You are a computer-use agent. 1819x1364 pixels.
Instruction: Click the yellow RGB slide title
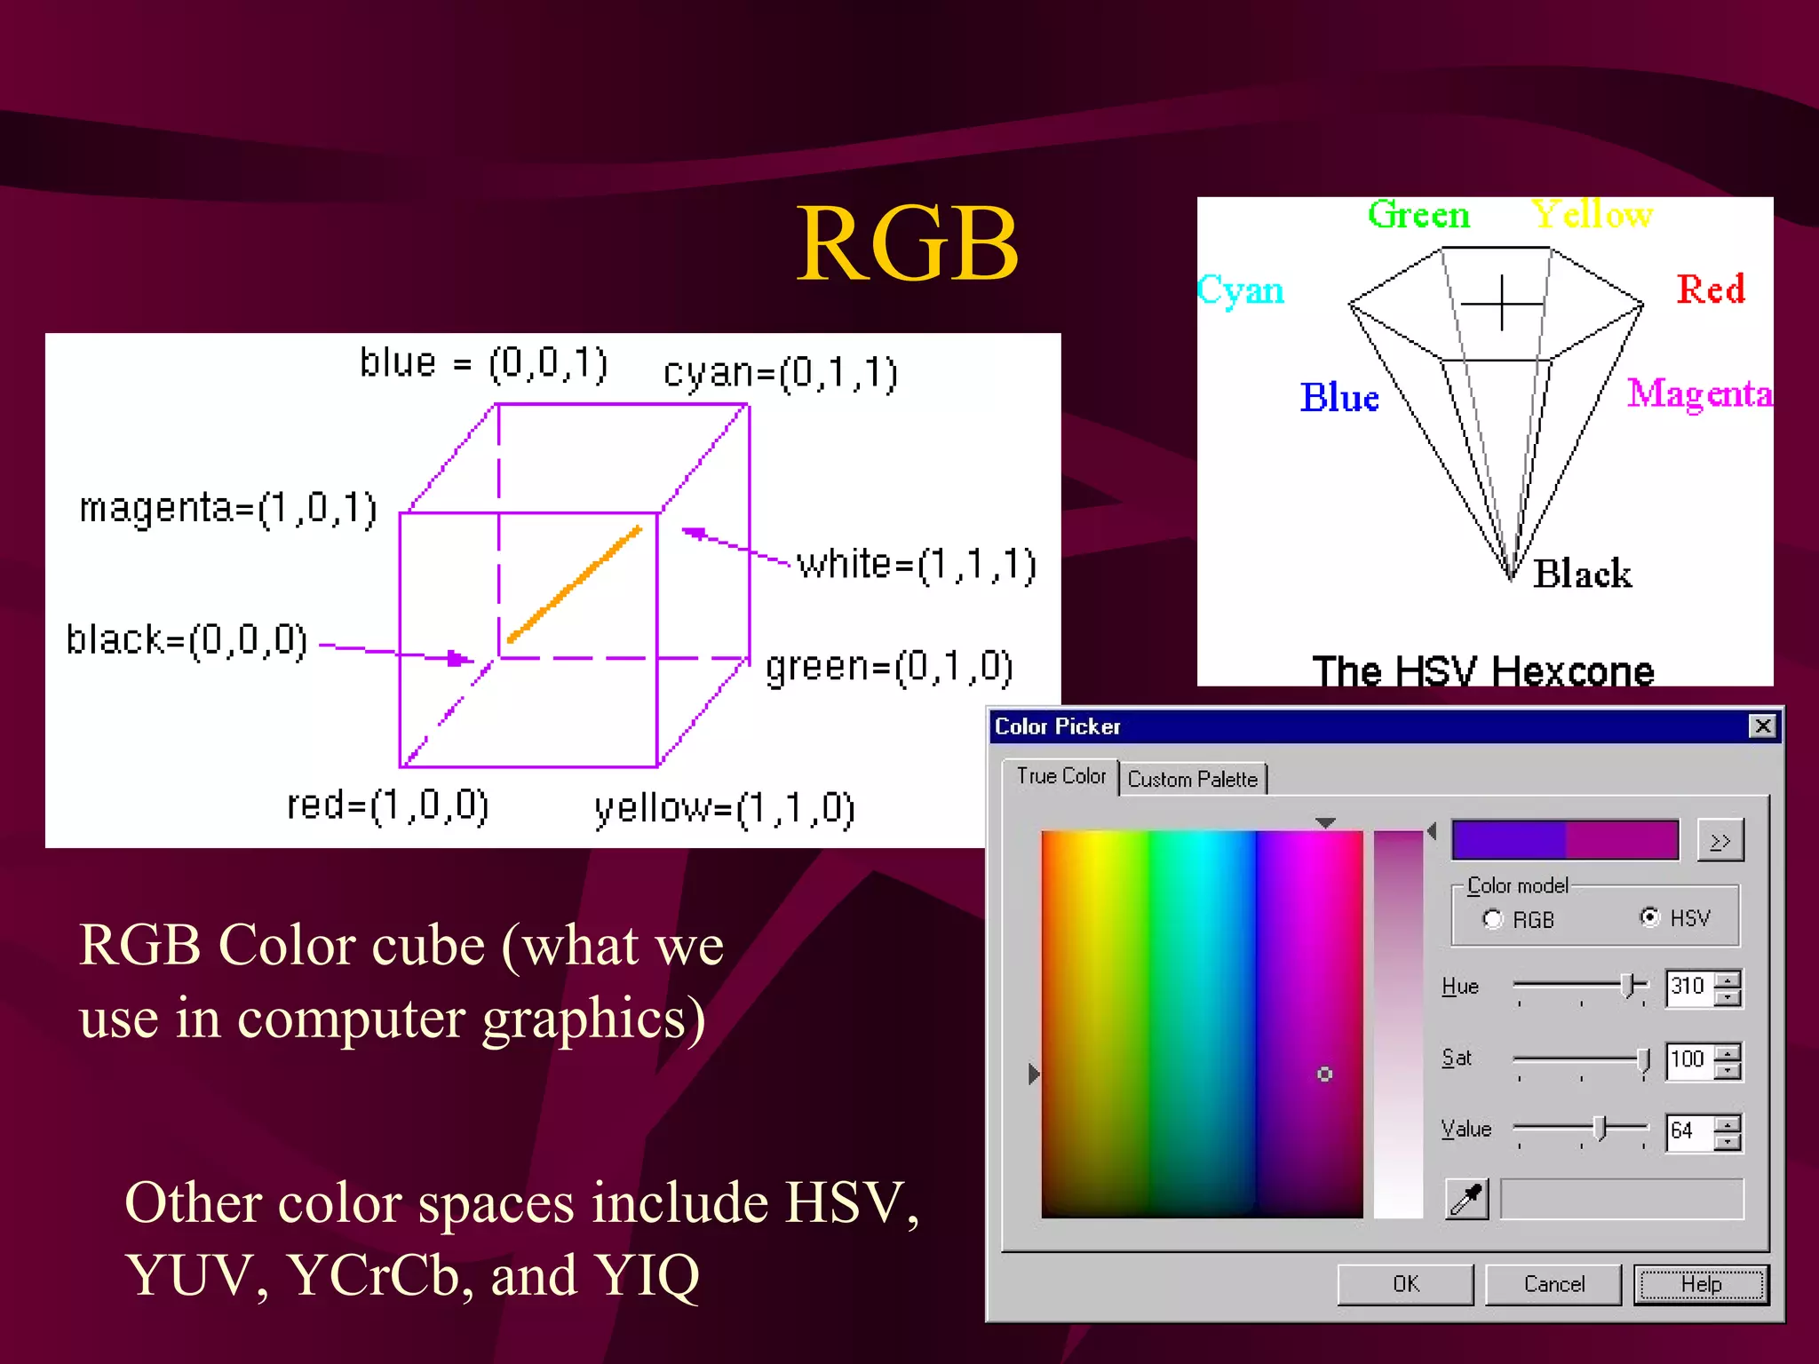point(907,244)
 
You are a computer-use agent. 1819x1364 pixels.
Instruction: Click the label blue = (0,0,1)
point(483,363)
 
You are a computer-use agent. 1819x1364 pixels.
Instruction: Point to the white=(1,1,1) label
point(916,565)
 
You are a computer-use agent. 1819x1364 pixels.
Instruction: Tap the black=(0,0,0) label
point(187,639)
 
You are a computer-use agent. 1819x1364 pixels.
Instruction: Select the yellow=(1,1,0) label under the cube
point(724,809)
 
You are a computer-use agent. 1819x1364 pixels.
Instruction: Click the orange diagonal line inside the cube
point(574,584)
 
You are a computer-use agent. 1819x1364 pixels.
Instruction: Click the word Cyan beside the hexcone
point(1241,290)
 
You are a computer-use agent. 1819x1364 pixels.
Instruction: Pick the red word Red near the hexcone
point(1710,289)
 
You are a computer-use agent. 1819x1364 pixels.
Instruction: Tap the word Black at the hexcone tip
point(1582,574)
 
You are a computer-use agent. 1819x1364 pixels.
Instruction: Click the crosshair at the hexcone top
point(1502,304)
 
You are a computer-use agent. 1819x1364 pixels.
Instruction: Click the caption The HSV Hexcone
point(1483,670)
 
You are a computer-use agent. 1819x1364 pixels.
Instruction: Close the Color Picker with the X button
point(1762,726)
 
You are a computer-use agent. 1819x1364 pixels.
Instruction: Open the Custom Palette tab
point(1192,779)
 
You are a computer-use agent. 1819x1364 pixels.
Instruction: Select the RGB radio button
point(1493,919)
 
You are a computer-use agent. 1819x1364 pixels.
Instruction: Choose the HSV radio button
point(1649,917)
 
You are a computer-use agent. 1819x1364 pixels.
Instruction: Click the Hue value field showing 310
point(1688,987)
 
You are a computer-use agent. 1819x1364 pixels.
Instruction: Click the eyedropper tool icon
point(1466,1199)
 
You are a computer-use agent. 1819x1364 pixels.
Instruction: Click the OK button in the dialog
point(1405,1284)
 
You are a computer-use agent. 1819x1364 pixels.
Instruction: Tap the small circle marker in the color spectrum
point(1324,1075)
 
